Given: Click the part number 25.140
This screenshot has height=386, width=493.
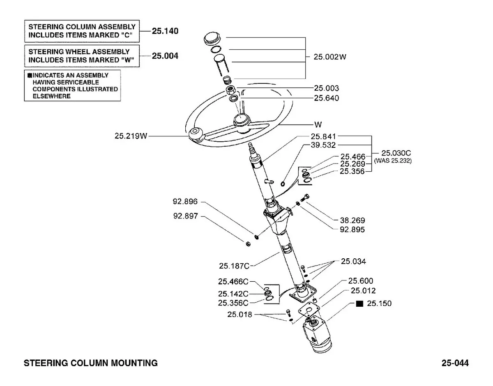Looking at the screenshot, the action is click(x=165, y=31).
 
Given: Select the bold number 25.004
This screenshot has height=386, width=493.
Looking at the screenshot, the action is click(x=165, y=56).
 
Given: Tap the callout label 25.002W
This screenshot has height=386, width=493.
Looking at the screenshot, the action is click(x=329, y=57).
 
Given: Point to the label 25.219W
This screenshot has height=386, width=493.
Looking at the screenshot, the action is click(x=131, y=136).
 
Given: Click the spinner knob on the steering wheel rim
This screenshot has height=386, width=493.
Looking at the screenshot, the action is click(x=195, y=135).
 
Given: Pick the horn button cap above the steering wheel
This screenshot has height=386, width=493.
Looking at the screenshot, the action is click(x=212, y=39).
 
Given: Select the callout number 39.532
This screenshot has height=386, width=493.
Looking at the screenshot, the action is click(x=323, y=145).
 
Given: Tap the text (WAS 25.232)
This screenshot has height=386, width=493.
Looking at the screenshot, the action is click(x=392, y=161).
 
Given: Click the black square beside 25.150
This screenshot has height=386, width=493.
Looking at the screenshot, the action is click(x=359, y=304).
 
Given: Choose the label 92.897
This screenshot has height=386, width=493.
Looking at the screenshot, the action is click(x=186, y=216).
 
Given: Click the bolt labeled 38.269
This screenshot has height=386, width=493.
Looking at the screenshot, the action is click(x=305, y=198).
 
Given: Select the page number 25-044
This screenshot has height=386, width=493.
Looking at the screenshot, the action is click(x=455, y=363).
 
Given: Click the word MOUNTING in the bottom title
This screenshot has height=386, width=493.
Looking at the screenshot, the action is click(x=134, y=363).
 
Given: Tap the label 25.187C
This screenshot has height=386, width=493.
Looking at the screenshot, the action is click(x=234, y=266).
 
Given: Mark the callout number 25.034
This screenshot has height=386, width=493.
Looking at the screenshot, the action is click(x=353, y=261).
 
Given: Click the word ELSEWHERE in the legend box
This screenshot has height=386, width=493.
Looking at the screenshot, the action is click(x=51, y=96).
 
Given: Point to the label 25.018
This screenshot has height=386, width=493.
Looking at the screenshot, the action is click(x=240, y=315).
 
